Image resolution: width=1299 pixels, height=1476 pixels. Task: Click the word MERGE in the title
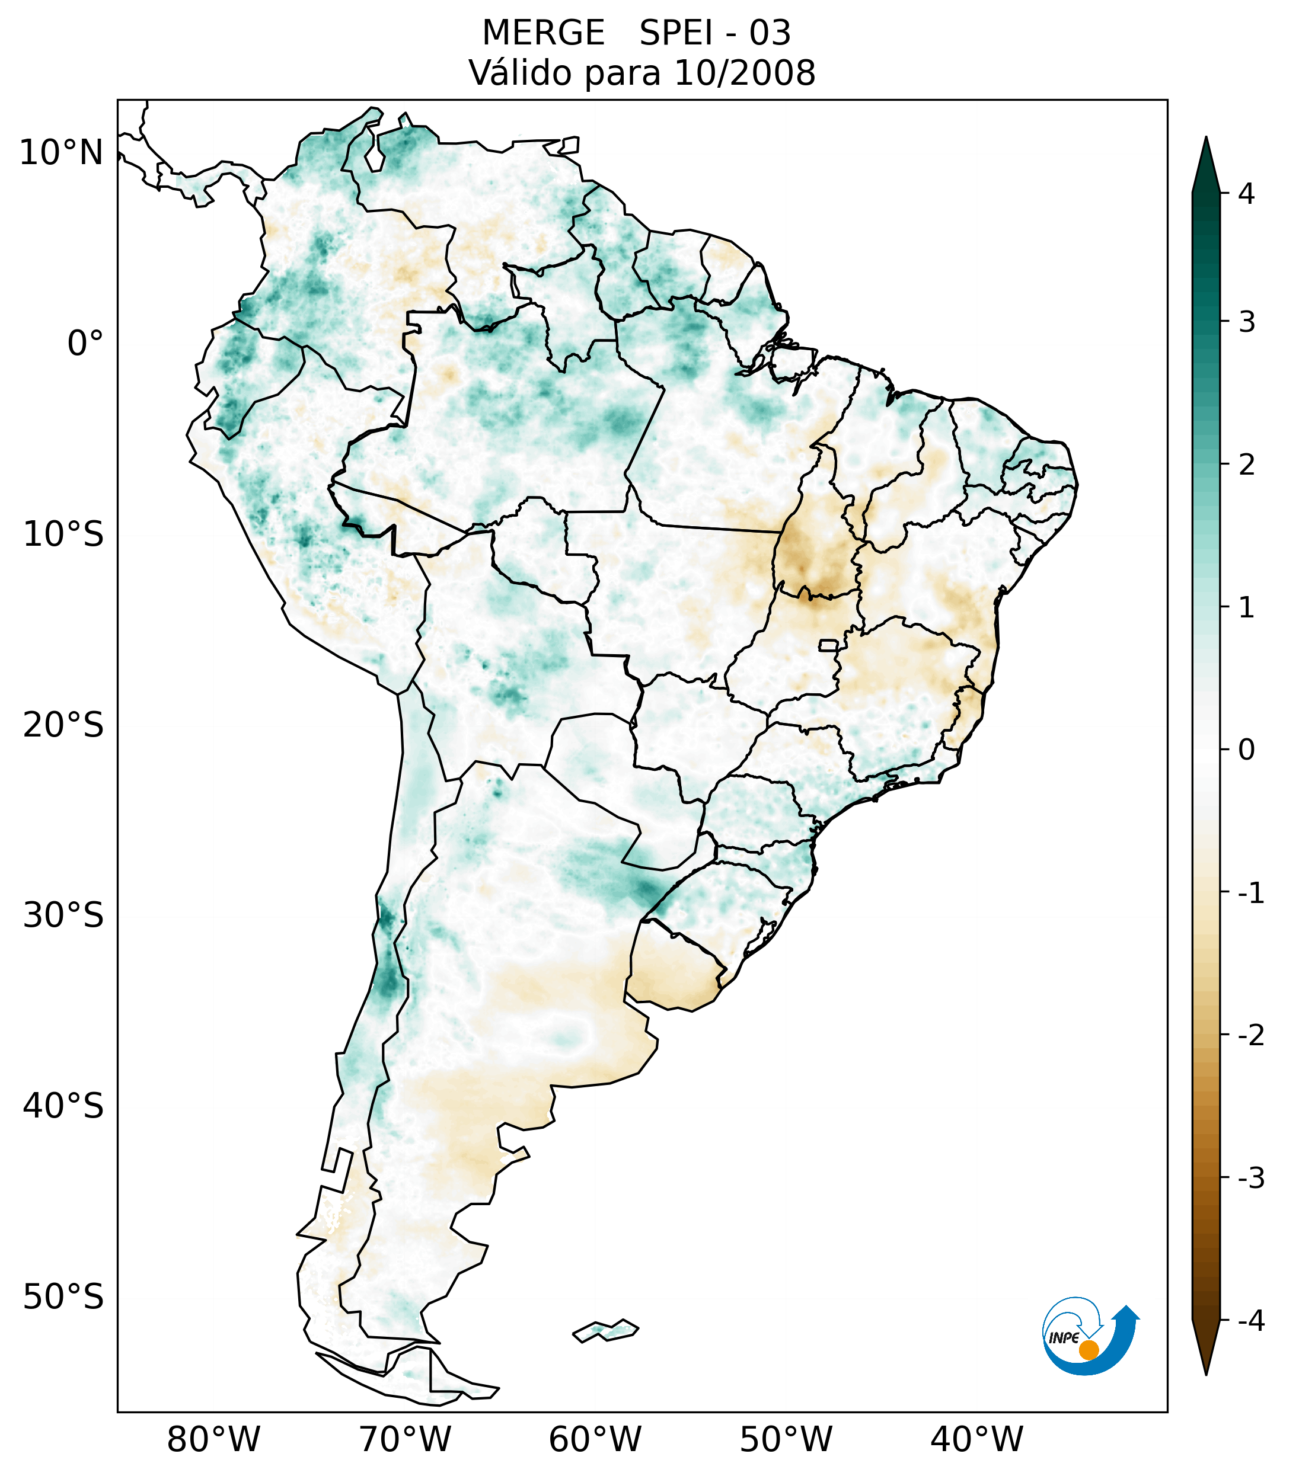[542, 33]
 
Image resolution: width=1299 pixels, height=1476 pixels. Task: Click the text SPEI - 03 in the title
[714, 33]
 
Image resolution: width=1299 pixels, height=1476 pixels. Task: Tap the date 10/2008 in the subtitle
[744, 73]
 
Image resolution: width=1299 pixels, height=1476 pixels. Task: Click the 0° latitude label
[85, 344]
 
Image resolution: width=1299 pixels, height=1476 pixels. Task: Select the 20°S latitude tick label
[63, 725]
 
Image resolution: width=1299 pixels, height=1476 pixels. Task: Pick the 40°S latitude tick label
[63, 1106]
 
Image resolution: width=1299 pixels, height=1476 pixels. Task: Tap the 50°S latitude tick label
[63, 1297]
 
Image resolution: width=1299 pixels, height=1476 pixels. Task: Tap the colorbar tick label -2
[1250, 1036]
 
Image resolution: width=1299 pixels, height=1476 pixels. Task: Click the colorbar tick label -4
[1250, 1321]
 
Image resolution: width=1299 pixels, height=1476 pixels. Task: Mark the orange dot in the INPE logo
[1088, 1350]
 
